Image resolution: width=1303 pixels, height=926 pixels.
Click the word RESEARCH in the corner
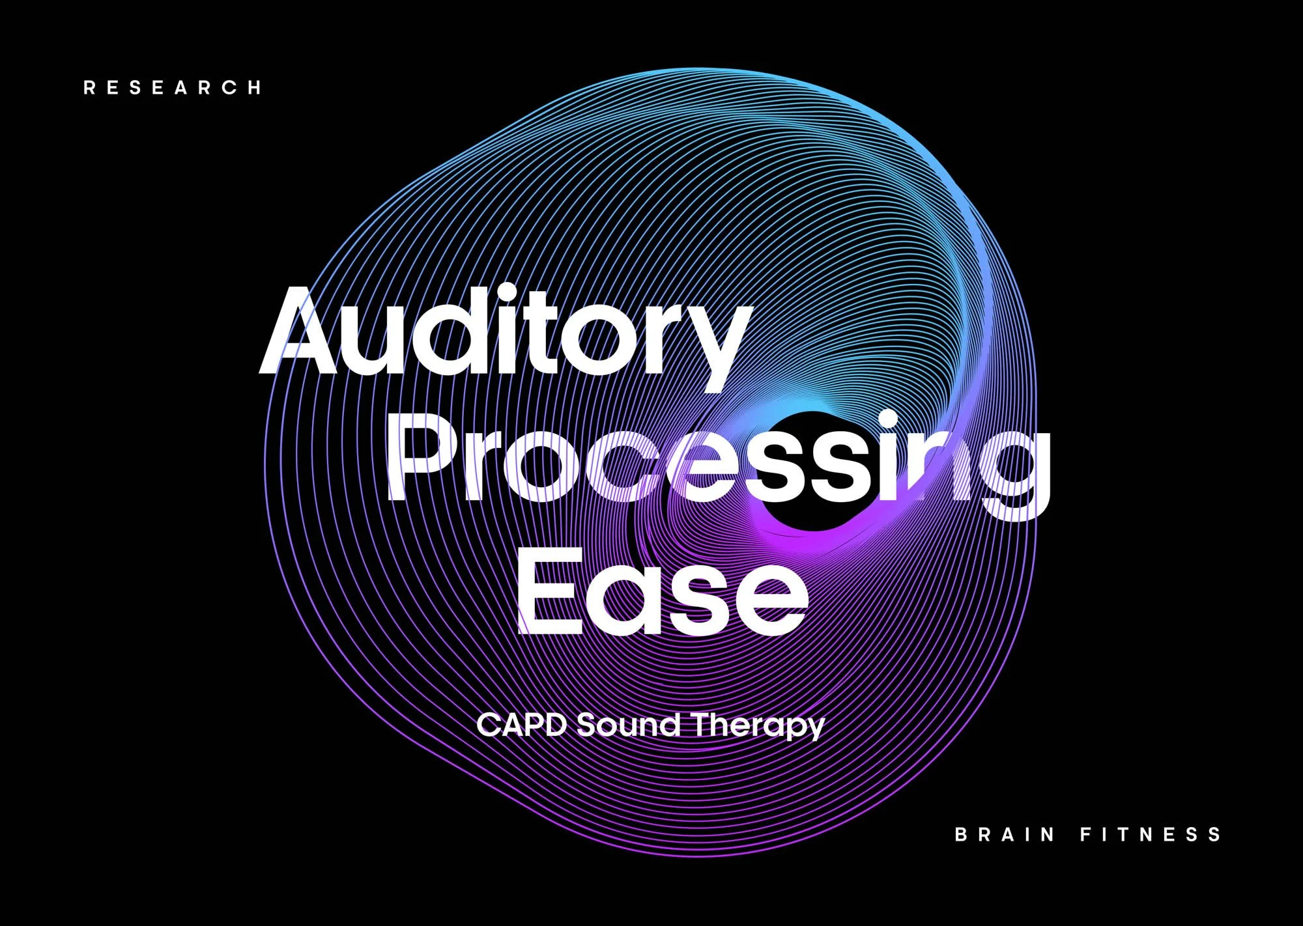[173, 88]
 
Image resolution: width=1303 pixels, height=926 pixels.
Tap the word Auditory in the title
[505, 332]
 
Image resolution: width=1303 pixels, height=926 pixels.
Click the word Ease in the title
[661, 599]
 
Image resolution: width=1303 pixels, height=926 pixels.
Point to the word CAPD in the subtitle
[521, 725]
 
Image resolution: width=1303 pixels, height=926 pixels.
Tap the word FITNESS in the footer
[1151, 834]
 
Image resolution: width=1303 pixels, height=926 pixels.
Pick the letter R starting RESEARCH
[89, 88]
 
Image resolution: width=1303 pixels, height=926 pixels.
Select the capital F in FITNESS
[1086, 834]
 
